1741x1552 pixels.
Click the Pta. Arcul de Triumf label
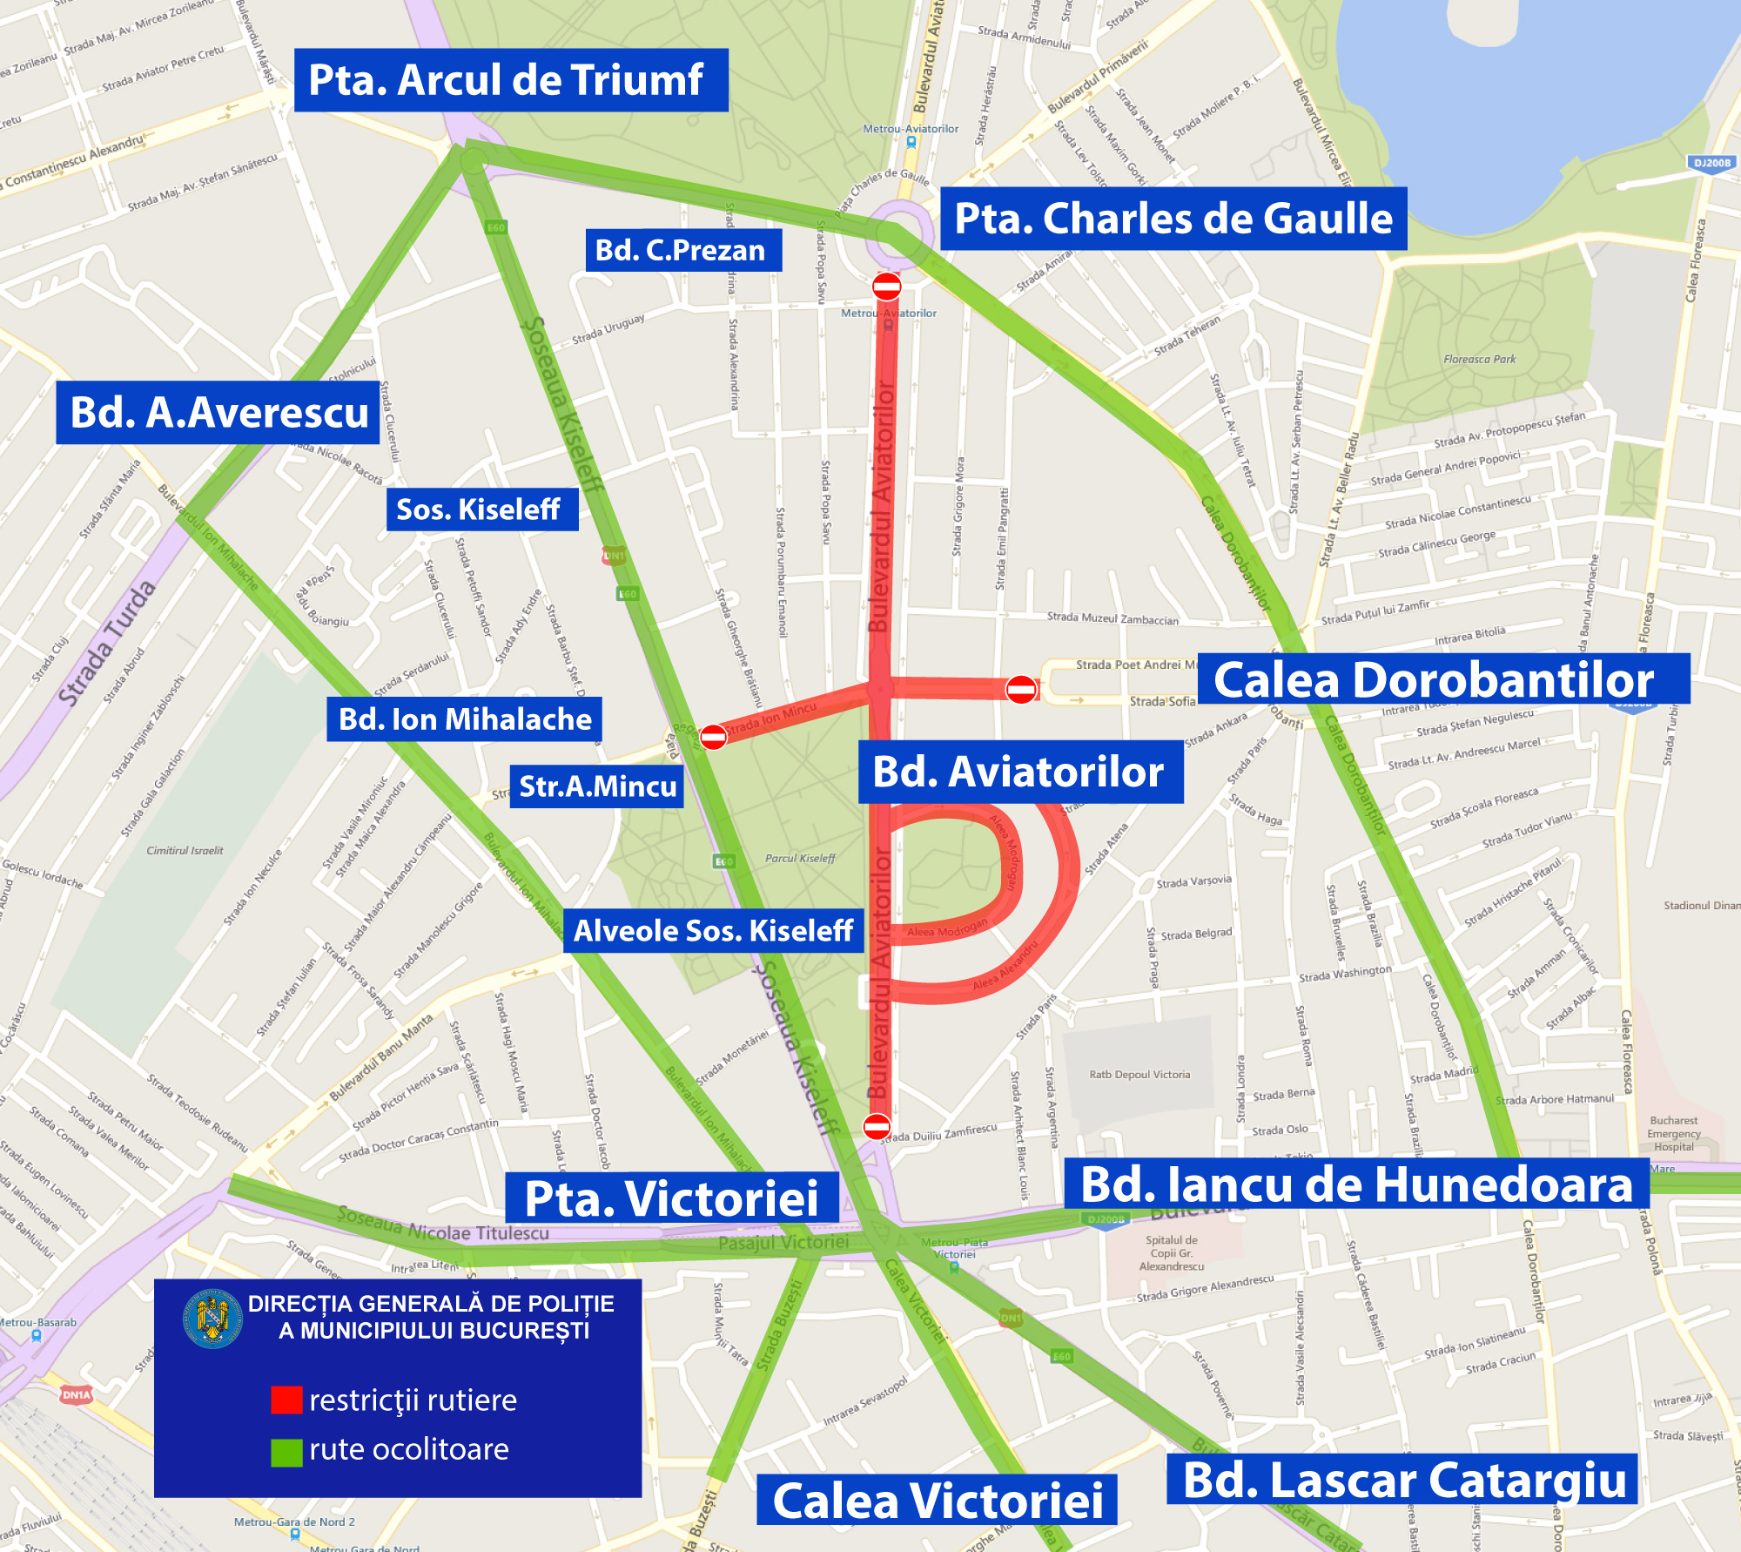(511, 80)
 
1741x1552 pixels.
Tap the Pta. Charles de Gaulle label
(1173, 219)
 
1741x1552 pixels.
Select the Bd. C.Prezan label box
(682, 250)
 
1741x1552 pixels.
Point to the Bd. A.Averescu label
(218, 412)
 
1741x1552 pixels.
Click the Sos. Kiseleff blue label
(481, 509)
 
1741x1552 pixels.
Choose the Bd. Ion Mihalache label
(464, 719)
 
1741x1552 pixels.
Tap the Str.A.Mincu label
(596, 786)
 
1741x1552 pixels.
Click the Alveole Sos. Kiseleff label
(713, 931)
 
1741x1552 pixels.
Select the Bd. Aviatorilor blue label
(1020, 772)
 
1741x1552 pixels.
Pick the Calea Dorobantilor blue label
(1443, 679)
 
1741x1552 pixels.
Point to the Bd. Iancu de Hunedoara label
(1356, 1184)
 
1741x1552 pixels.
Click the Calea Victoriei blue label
(937, 1501)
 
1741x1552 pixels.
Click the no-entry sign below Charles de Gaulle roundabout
(886, 286)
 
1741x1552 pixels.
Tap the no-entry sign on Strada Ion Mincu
(713, 737)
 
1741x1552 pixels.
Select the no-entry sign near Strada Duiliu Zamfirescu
(877, 1126)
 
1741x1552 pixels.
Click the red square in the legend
(286, 1400)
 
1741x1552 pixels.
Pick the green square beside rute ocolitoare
(286, 1452)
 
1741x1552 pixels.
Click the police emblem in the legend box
(212, 1319)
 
